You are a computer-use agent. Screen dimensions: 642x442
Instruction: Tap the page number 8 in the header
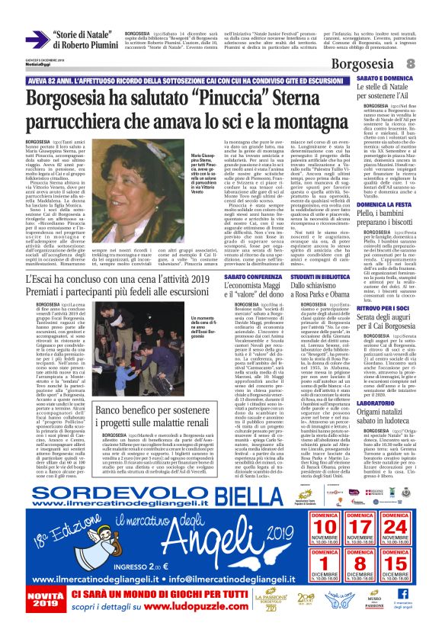coord(431,66)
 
